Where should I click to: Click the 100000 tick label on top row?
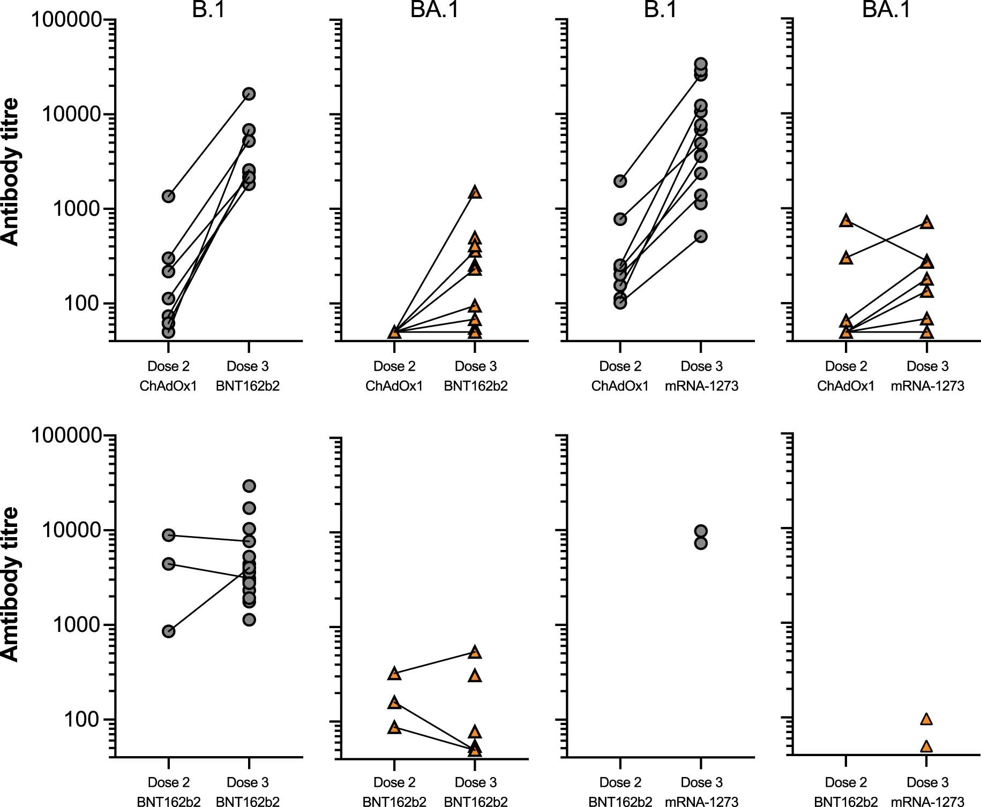point(66,20)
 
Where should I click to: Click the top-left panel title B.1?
point(208,9)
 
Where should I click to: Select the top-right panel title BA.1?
point(886,9)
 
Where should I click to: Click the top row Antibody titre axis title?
point(10,171)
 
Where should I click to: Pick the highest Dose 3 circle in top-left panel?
point(249,94)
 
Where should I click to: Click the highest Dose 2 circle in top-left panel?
point(168,197)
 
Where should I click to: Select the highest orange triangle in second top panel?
point(475,192)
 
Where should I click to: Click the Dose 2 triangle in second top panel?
point(394,332)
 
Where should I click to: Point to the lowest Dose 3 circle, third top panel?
point(701,236)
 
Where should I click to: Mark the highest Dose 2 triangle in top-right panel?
point(846,220)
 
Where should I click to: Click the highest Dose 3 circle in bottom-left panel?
point(249,486)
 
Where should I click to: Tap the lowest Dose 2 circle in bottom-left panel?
point(168,631)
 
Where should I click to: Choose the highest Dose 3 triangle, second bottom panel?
point(475,652)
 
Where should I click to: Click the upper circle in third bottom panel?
point(701,531)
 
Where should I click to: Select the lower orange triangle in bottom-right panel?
point(926,746)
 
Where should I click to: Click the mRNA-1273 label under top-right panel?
point(927,386)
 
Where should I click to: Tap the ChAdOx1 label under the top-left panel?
point(168,386)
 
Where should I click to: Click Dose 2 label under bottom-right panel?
point(846,782)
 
